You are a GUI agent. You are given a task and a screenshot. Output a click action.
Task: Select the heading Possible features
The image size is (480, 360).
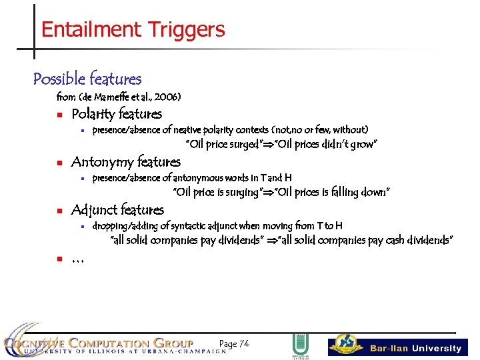point(87,79)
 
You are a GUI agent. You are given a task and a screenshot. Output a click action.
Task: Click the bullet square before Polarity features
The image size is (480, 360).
point(59,114)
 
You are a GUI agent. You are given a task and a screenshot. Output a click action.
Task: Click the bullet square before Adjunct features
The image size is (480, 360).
point(59,211)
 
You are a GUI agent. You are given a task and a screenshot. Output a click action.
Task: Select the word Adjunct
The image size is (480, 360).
point(95,210)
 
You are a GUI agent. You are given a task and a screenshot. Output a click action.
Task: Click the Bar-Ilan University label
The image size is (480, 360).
point(416,348)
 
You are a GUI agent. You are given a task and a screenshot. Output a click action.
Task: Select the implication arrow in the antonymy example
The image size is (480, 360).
point(268,193)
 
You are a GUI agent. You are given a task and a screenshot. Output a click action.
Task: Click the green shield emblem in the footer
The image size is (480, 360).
point(300,345)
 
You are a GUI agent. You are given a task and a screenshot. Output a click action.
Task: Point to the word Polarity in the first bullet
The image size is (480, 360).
point(93,114)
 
